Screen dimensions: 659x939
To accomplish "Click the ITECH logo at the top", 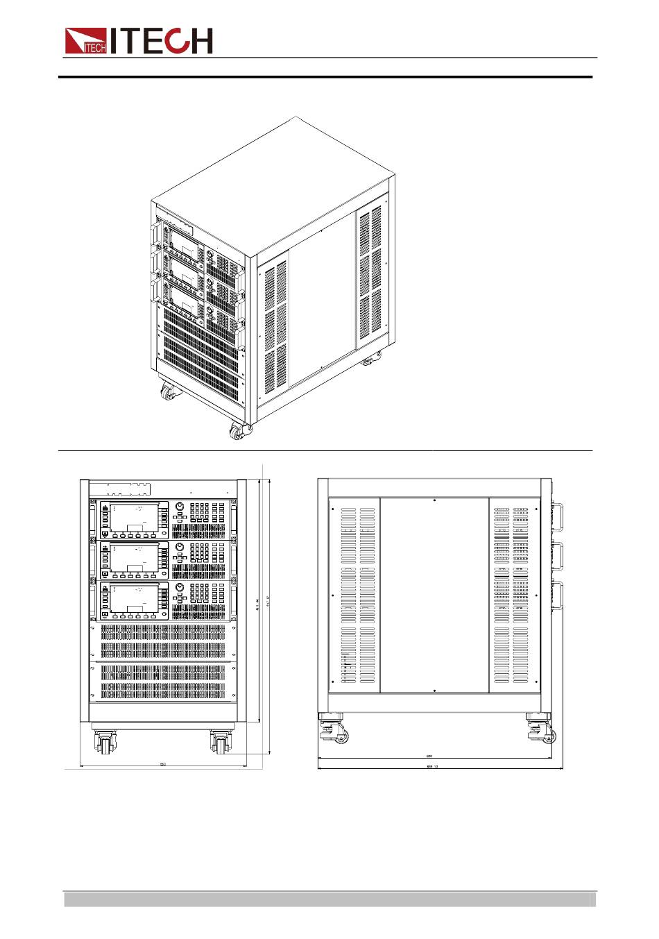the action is tap(139, 41).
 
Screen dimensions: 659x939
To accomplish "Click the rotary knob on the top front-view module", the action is tap(180, 507).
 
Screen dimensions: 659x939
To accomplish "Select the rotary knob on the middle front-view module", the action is tap(180, 547).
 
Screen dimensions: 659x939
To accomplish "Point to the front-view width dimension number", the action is tap(163, 764).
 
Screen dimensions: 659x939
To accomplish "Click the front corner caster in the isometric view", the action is tap(239, 431).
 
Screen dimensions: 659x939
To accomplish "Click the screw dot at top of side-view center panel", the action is tap(434, 500).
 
